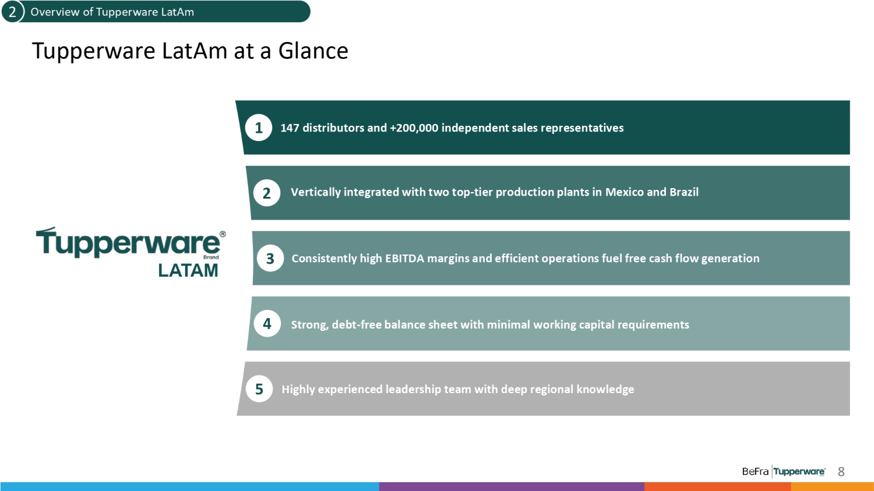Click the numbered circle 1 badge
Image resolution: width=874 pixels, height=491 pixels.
[x=259, y=128]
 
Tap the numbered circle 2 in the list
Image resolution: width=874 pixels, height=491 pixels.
[x=267, y=193]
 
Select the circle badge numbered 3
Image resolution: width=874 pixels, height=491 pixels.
[x=270, y=258]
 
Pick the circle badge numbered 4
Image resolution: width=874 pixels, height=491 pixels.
[x=267, y=323]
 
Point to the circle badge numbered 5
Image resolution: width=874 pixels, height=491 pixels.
[x=259, y=389]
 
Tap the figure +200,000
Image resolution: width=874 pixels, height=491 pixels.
[x=414, y=128]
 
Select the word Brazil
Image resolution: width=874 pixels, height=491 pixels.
[x=684, y=192]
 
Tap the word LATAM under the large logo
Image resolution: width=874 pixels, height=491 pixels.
[x=188, y=270]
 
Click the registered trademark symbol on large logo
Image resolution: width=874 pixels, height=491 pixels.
[x=223, y=234]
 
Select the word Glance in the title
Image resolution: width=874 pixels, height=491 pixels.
[x=313, y=51]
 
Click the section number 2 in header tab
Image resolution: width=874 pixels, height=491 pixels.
[x=12, y=12]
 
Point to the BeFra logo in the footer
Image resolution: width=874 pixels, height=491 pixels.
[x=755, y=472]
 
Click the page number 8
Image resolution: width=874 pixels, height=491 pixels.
[x=841, y=472]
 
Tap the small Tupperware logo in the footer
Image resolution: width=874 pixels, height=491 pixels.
[x=799, y=472]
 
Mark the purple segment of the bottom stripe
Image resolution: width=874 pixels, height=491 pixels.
[x=512, y=486]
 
